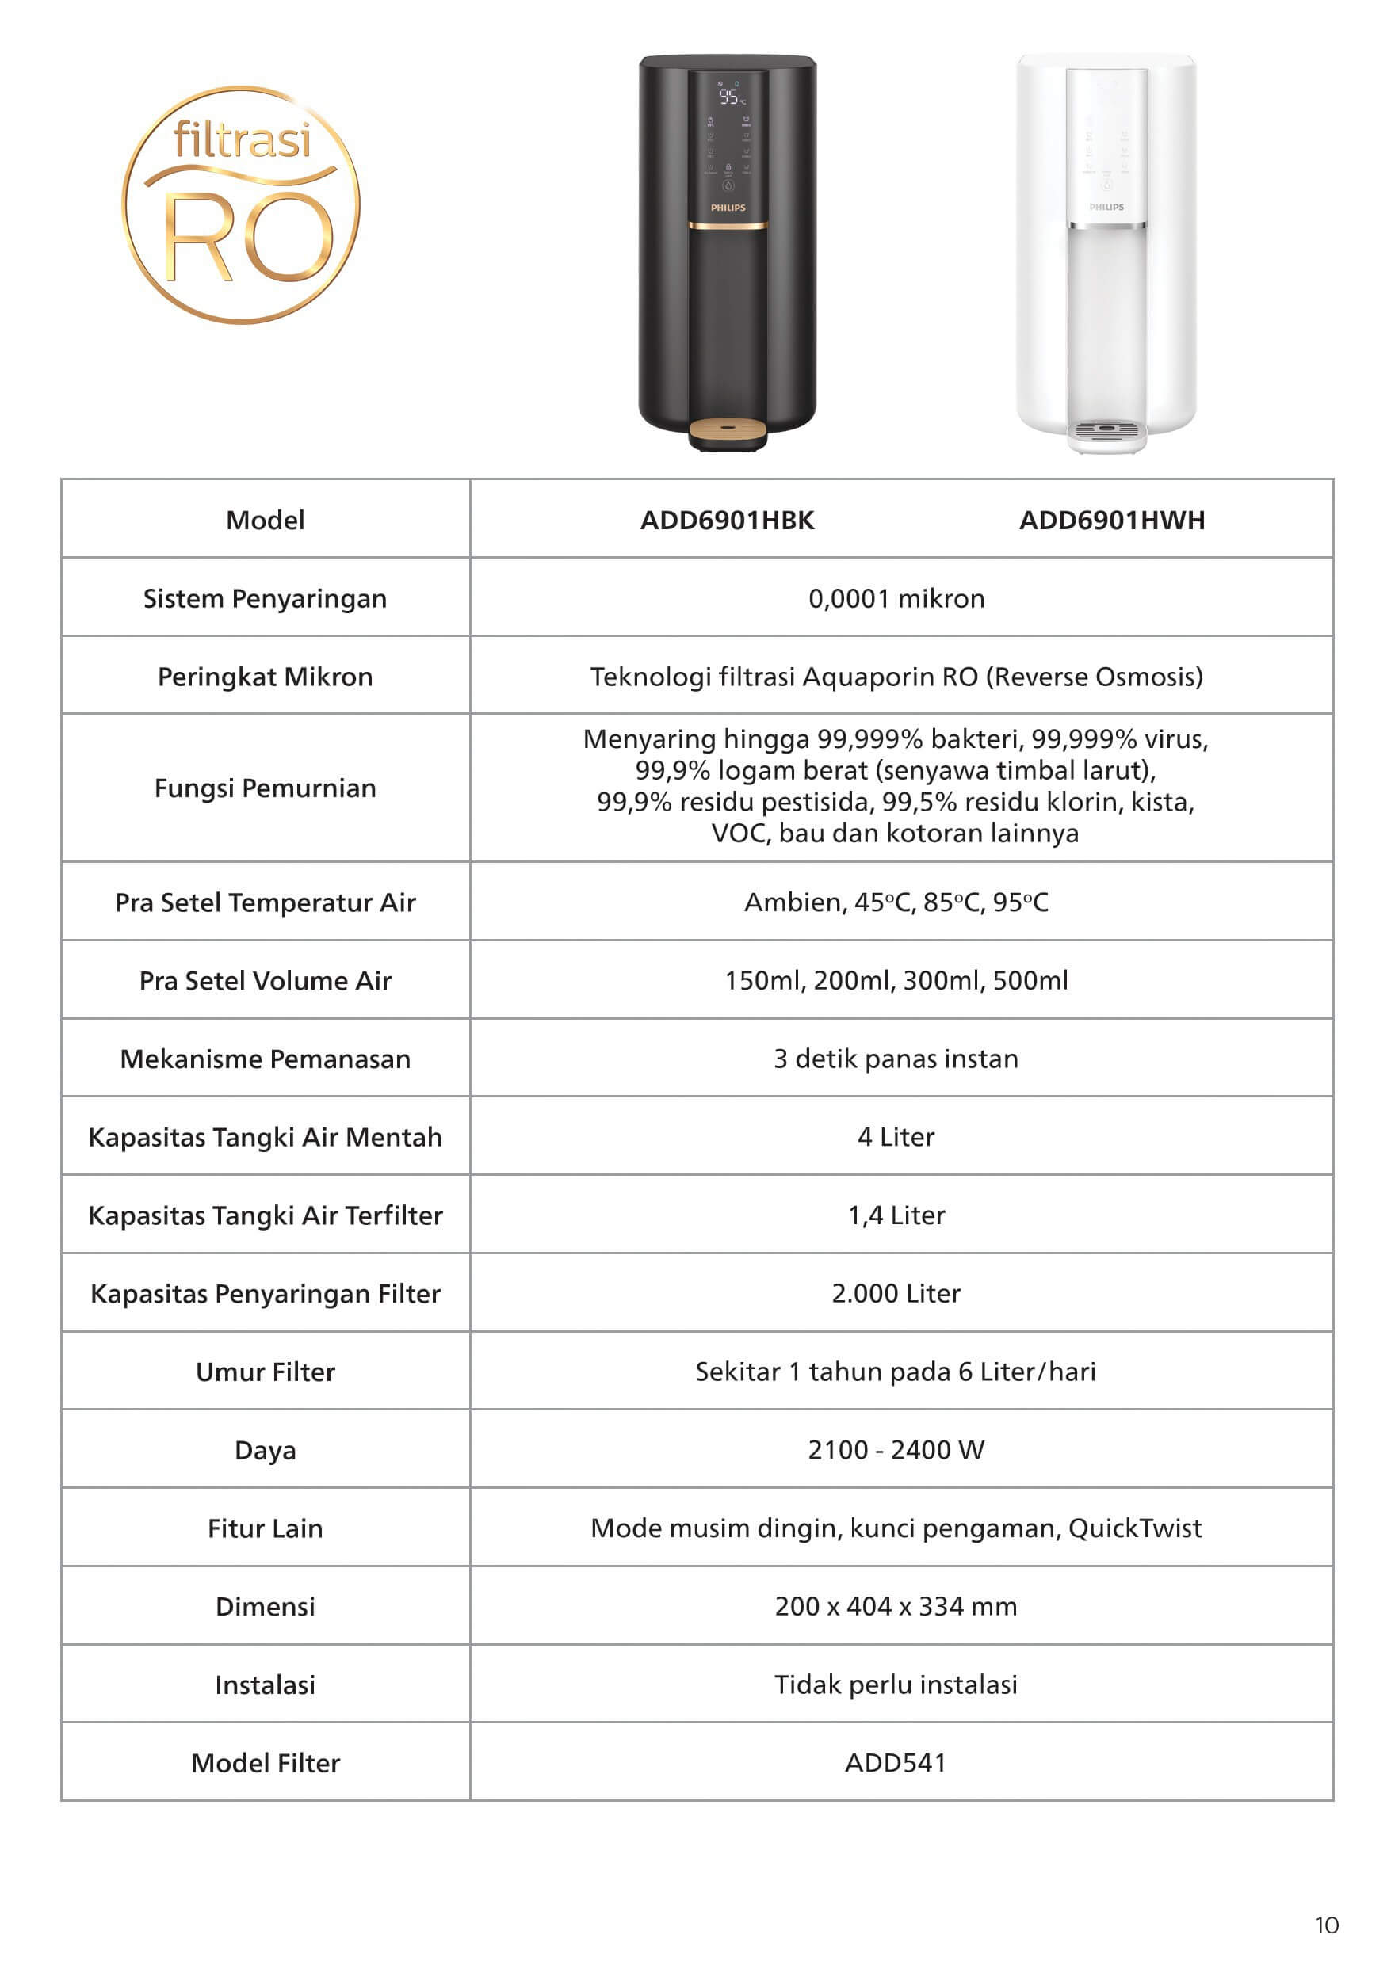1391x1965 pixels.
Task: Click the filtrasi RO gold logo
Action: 241,204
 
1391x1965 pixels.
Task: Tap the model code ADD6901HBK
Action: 727,520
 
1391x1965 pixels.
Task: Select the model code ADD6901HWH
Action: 1112,520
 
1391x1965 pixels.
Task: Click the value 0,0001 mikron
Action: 896,598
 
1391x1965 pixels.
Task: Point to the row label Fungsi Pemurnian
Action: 265,788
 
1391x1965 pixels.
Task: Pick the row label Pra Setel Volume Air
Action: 265,980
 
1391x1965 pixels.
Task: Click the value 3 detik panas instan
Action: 896,1059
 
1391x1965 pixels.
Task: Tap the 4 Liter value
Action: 896,1137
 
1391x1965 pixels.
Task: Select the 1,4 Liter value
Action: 896,1215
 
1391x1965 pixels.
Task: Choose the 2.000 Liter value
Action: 896,1293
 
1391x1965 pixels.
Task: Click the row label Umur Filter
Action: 265,1372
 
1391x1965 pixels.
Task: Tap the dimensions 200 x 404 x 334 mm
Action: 896,1606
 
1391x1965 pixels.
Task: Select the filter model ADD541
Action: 896,1763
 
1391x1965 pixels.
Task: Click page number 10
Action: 1327,1925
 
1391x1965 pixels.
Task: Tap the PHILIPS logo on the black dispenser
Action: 728,208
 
